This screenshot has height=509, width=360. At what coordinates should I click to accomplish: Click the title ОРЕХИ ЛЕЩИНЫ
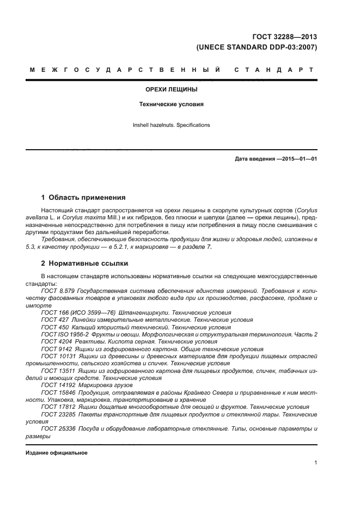pos(171,89)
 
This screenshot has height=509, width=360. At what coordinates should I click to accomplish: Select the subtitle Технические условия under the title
pos(171,104)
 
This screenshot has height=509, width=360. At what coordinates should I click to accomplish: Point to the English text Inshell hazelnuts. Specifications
pos(171,125)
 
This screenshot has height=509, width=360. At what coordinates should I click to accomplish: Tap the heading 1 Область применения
pos(83,197)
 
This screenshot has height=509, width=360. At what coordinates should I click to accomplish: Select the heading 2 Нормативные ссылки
pos(84,263)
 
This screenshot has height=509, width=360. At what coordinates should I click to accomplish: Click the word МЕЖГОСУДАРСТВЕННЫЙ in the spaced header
pos(125,70)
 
